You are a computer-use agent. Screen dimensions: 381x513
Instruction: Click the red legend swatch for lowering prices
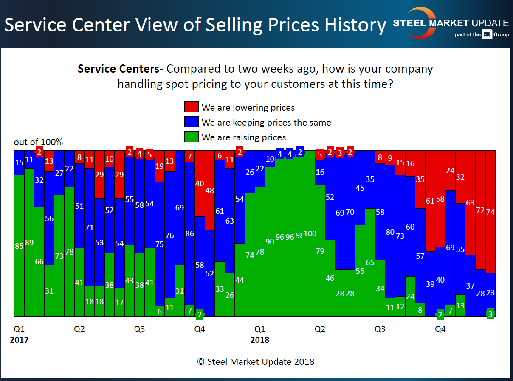pyautogui.click(x=192, y=107)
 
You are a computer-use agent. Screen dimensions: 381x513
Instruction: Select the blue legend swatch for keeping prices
pyautogui.click(x=192, y=122)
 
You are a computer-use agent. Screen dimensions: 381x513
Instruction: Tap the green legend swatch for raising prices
pyautogui.click(x=192, y=137)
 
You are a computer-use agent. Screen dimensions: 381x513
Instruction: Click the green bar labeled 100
pyautogui.click(x=310, y=233)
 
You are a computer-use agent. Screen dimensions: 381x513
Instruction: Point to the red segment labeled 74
pyautogui.click(x=490, y=211)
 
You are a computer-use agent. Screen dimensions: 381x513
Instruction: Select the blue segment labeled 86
pyautogui.click(x=190, y=233)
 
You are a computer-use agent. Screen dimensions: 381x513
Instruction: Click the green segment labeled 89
pyautogui.click(x=29, y=242)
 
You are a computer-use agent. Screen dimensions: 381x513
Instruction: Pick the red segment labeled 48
pyautogui.click(x=210, y=190)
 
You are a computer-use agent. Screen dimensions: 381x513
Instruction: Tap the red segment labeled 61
pyautogui.click(x=430, y=201)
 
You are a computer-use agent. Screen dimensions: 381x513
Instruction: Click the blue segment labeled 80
pyautogui.click(x=390, y=232)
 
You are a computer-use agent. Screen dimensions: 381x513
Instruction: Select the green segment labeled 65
pyautogui.click(x=370, y=262)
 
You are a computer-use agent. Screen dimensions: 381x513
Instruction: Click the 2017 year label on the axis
pyautogui.click(x=19, y=340)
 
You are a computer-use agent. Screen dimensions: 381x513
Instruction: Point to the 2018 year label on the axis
pyautogui.click(x=259, y=340)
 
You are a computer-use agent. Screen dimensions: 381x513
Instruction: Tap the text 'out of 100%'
pyautogui.click(x=38, y=142)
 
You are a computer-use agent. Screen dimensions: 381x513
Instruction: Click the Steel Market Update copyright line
pyautogui.click(x=256, y=361)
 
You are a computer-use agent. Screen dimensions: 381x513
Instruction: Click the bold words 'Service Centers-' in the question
pyautogui.click(x=121, y=69)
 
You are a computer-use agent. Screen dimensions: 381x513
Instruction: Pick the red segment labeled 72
pyautogui.click(x=480, y=210)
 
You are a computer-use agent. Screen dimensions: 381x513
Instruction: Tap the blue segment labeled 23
pyautogui.click(x=490, y=292)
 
